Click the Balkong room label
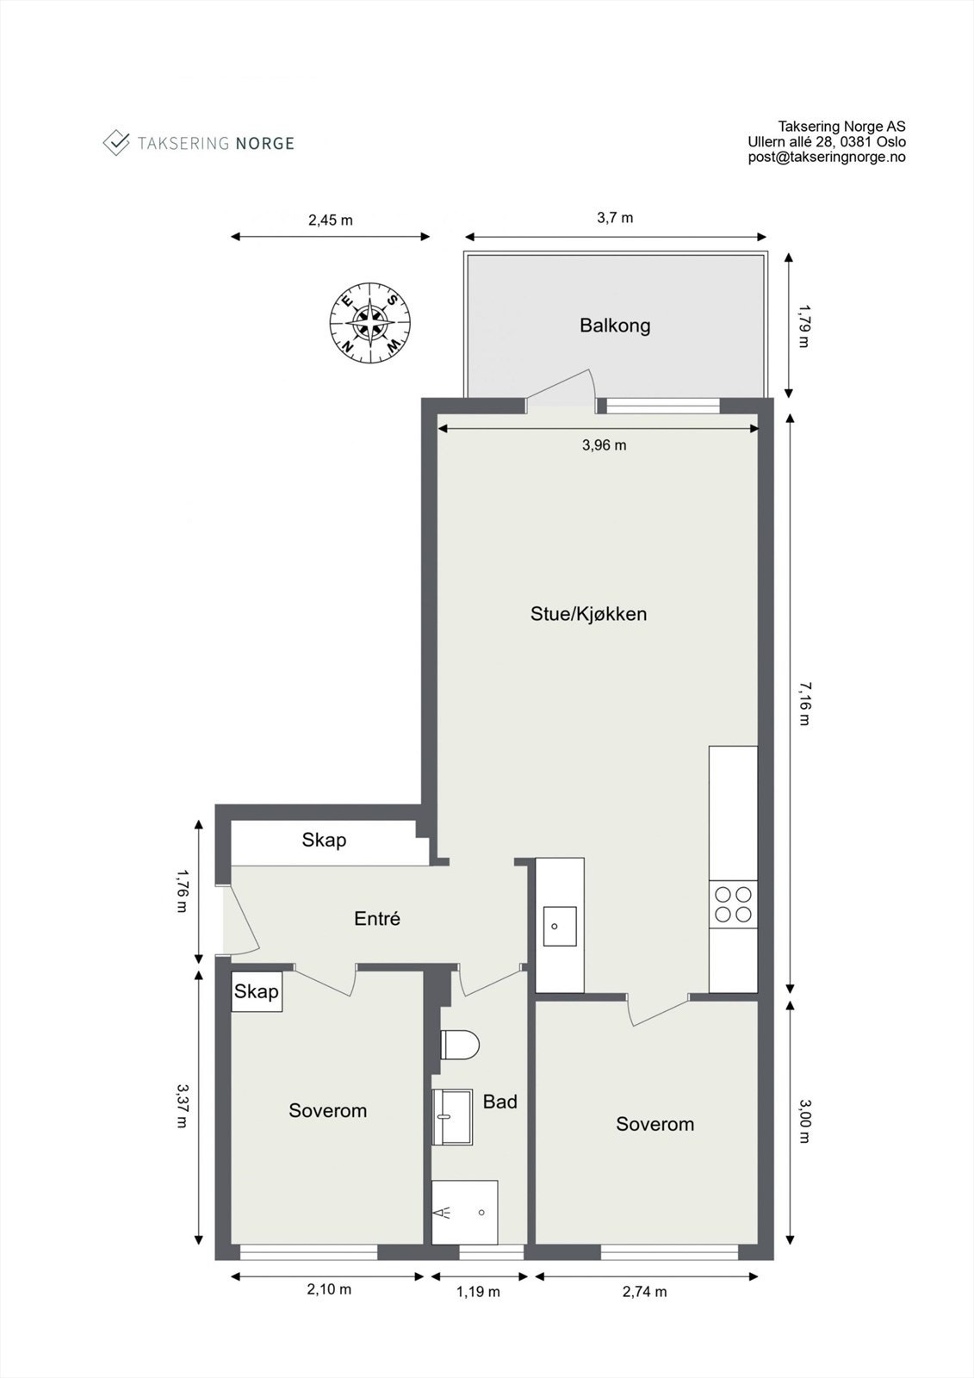(x=614, y=326)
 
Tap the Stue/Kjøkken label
(x=588, y=614)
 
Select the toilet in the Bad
(x=459, y=1046)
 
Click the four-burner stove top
(x=733, y=904)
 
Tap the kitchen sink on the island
(x=559, y=927)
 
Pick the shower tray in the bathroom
(x=464, y=1212)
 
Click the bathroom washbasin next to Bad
(x=452, y=1117)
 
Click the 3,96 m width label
(x=604, y=445)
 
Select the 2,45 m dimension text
(x=330, y=220)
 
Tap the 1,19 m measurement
(x=478, y=1292)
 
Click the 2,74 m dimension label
(x=644, y=1292)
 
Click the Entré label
(x=377, y=919)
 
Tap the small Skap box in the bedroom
(x=257, y=992)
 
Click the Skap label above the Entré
(x=324, y=840)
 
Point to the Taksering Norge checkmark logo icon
(x=115, y=142)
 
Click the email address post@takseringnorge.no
(x=826, y=157)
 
